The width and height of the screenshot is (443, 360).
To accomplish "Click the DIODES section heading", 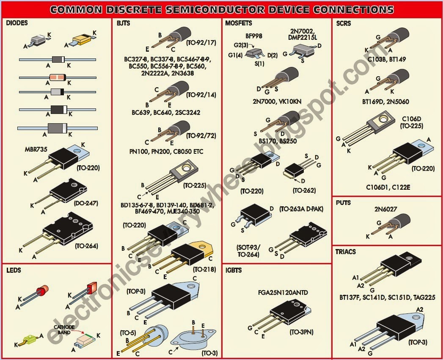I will tap(17, 23).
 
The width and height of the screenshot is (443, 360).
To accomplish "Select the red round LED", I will tap(41, 292).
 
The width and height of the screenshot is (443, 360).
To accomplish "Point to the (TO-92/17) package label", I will tap(201, 42).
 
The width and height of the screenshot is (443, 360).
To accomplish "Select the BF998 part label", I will tap(254, 36).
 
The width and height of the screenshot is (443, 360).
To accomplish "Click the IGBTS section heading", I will tap(234, 270).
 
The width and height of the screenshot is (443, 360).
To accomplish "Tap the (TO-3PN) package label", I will tap(301, 332).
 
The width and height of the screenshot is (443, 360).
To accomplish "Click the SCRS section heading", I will tap(343, 23).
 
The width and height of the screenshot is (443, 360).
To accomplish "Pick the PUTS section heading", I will tap(344, 202).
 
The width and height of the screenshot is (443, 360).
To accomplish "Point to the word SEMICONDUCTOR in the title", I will tap(225, 9).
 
